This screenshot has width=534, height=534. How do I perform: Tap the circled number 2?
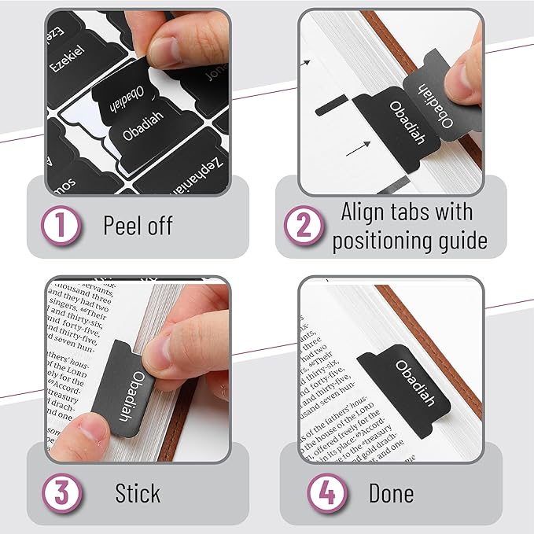click(x=303, y=226)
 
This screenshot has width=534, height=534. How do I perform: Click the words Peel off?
click(x=138, y=226)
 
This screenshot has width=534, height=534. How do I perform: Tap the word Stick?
click(x=138, y=493)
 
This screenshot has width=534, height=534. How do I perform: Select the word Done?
click(x=391, y=493)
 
